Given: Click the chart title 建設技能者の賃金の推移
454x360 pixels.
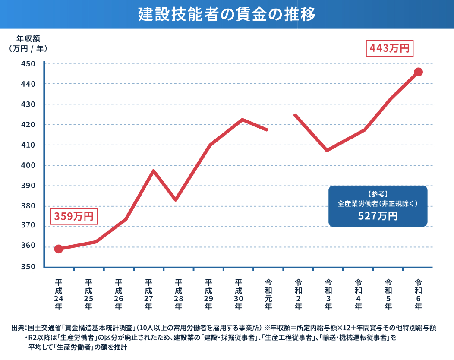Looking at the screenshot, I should point(227,14).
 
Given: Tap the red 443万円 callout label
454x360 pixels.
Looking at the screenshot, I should point(390,48).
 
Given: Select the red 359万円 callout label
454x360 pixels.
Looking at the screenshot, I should point(74,216).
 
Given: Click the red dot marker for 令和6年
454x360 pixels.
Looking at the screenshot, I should point(418,72).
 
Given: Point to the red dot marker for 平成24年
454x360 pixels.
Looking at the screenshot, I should point(59,249).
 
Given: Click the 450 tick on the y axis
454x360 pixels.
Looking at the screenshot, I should point(28,64).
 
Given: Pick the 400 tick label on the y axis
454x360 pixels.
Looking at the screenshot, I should point(28,165).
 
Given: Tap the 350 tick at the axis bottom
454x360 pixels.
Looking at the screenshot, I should point(28,267).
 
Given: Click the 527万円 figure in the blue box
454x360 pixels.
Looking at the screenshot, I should point(378,216).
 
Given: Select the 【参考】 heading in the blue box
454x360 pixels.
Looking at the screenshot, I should point(378,193).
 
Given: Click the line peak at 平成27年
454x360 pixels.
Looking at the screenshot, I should point(153,171).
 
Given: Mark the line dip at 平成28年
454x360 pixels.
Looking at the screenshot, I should point(175,199).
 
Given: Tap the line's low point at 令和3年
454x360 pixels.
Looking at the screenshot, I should point(327,150).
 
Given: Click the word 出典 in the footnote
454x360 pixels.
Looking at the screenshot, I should point(17,328).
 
